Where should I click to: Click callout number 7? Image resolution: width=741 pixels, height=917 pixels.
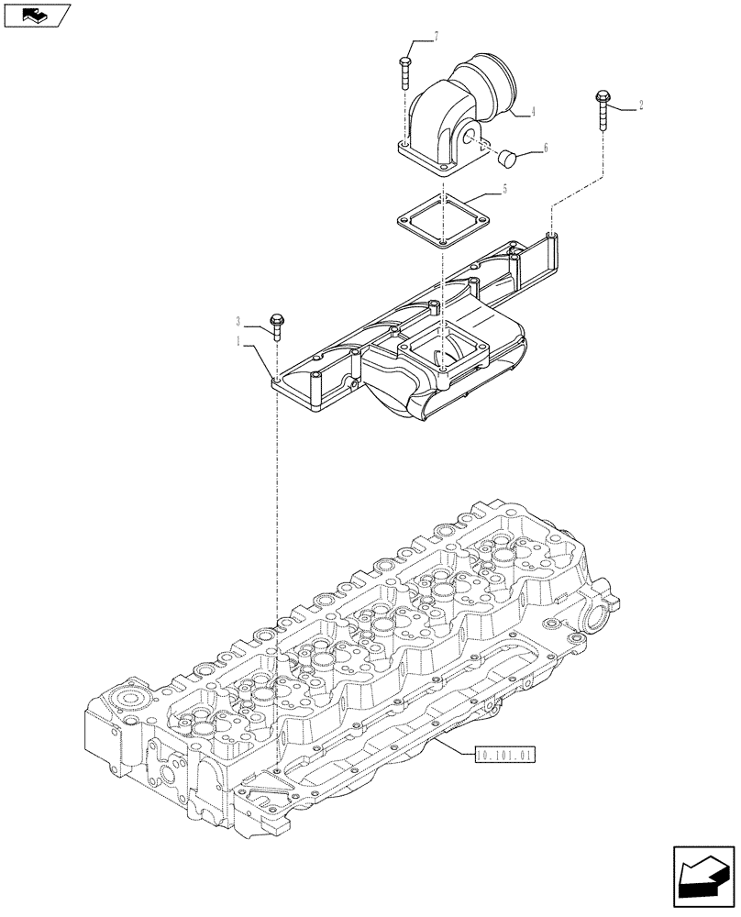click(x=437, y=37)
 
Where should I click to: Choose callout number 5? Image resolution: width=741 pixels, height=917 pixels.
click(x=503, y=190)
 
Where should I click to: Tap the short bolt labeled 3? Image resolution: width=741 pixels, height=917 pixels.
click(x=275, y=326)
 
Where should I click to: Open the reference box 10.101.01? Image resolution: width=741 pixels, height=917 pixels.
click(x=503, y=755)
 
